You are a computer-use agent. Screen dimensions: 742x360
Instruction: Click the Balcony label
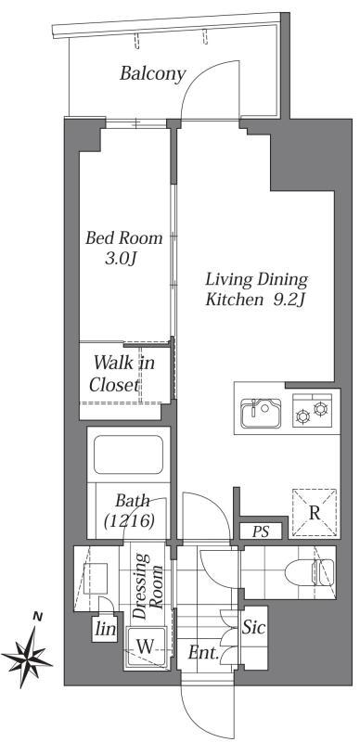[x=153, y=73]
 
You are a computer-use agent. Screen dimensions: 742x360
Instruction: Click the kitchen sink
[x=261, y=412]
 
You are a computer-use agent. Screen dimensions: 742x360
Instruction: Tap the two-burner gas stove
[x=311, y=412]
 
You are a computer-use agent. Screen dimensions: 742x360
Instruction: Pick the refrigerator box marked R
[x=315, y=512]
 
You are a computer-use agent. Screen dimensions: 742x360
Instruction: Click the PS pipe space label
[x=262, y=531]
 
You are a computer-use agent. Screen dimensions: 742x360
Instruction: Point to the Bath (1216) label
[x=127, y=511]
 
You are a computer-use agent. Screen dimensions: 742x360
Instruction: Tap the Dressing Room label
[x=151, y=590]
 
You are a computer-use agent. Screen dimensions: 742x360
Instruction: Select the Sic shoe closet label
[x=254, y=628]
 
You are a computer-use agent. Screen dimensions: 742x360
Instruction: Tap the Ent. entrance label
[x=203, y=654]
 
